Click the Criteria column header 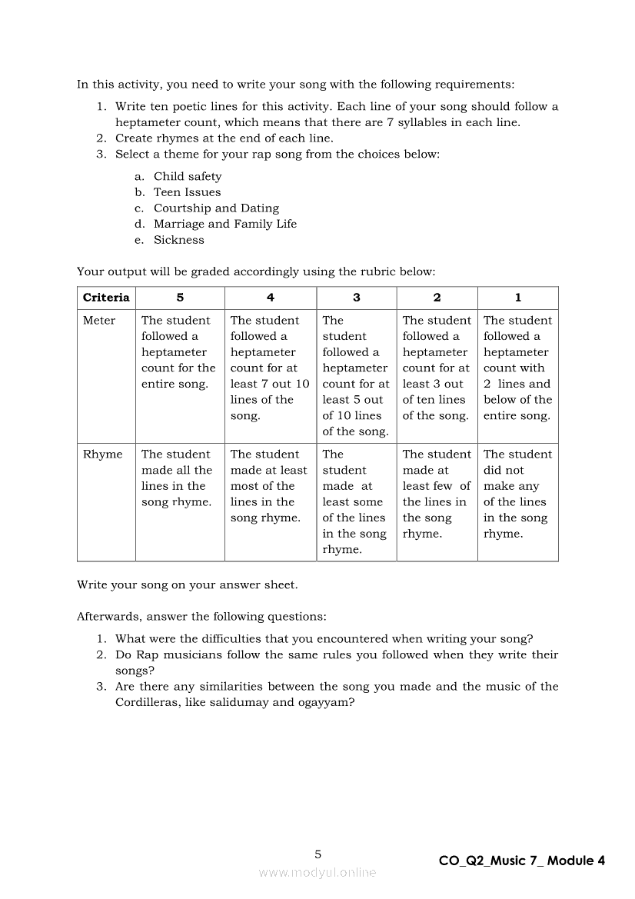(106, 298)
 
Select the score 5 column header (180, 298)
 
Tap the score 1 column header (517, 298)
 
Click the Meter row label (99, 321)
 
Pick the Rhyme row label (102, 454)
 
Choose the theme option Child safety (187, 176)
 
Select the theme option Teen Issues (187, 192)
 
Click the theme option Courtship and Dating (216, 208)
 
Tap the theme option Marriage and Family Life (224, 224)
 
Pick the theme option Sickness (178, 240)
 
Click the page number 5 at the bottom (318, 854)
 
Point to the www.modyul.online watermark (317, 872)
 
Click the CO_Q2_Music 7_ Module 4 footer (522, 861)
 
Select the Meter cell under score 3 (356, 375)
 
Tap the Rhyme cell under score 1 (517, 494)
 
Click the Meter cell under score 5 (179, 352)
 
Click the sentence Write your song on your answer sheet (187, 585)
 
